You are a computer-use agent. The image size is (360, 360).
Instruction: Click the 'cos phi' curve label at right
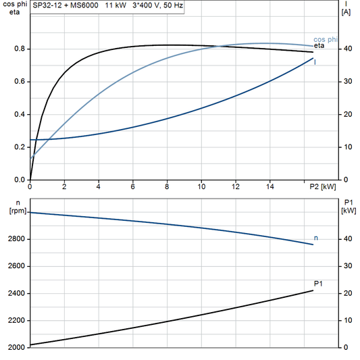(x=326, y=39)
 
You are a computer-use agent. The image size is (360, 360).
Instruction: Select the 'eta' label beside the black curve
(x=319, y=46)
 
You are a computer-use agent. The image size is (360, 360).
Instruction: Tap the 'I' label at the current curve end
(x=315, y=62)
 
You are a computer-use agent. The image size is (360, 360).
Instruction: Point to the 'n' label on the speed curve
(x=317, y=238)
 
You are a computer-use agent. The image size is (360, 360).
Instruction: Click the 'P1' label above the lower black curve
(x=318, y=283)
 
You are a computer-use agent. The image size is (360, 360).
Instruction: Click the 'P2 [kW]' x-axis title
(x=322, y=186)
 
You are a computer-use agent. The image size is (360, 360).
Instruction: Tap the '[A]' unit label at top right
(x=346, y=11)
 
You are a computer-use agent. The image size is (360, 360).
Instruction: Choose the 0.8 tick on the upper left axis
(x=19, y=49)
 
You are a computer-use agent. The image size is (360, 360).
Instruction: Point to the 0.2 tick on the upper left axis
(x=19, y=147)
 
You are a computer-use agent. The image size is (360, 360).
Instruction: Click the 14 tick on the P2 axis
(x=269, y=186)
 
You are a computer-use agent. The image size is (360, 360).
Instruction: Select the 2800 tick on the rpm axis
(x=16, y=239)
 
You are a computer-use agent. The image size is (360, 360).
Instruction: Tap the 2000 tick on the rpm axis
(x=16, y=347)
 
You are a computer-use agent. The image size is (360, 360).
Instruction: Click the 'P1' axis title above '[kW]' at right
(x=347, y=202)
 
